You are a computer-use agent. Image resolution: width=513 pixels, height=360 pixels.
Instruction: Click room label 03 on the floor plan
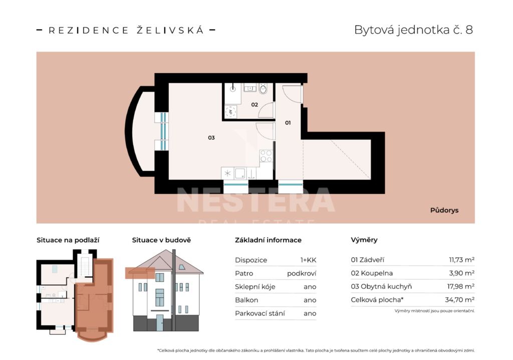click(211, 137)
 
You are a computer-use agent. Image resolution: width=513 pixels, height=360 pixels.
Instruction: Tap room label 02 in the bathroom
click(254, 104)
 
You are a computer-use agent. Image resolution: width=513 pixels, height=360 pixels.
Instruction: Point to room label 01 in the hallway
click(288, 122)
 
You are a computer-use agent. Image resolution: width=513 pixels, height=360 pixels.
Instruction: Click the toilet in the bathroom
click(263, 88)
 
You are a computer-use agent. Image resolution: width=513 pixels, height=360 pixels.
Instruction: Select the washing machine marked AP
click(230, 112)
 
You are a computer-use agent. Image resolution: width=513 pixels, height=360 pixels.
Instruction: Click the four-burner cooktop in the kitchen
click(266, 156)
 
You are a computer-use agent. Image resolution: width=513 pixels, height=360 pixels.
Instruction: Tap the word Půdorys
click(444, 210)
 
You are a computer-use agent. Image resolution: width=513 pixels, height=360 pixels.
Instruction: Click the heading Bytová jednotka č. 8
click(413, 30)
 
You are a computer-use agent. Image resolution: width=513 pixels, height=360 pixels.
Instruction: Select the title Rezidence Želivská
click(126, 30)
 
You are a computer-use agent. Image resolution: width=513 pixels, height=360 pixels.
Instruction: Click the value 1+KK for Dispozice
click(308, 260)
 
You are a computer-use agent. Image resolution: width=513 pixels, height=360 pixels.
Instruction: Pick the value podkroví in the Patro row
click(302, 274)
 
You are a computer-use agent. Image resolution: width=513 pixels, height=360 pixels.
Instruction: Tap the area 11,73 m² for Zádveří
click(461, 260)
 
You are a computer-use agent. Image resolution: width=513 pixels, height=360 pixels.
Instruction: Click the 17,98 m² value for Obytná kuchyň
click(461, 286)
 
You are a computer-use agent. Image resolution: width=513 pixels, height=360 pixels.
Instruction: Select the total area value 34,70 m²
click(460, 300)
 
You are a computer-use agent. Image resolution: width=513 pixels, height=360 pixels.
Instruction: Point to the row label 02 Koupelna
click(372, 273)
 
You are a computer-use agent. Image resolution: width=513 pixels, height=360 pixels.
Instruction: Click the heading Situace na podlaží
click(68, 240)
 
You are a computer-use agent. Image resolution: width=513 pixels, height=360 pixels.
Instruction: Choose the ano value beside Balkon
click(310, 300)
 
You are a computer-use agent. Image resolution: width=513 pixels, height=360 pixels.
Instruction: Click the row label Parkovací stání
click(260, 313)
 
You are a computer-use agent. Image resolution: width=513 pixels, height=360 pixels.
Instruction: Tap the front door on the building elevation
click(159, 323)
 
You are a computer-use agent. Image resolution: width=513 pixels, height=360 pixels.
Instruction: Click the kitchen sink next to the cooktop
click(240, 173)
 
